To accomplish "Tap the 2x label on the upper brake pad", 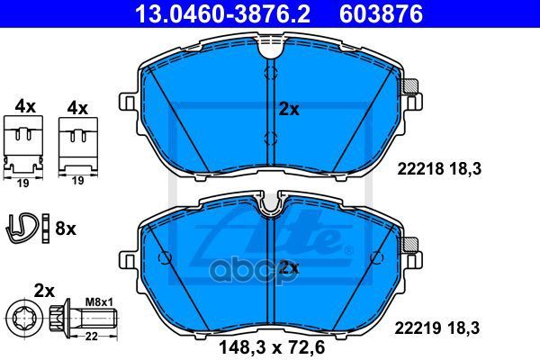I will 289,108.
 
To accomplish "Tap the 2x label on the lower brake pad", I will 289,267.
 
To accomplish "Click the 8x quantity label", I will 66,229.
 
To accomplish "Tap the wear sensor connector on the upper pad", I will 411,87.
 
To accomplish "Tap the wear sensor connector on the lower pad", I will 411,243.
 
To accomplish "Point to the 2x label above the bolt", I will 44,291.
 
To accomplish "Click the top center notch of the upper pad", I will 269,49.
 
